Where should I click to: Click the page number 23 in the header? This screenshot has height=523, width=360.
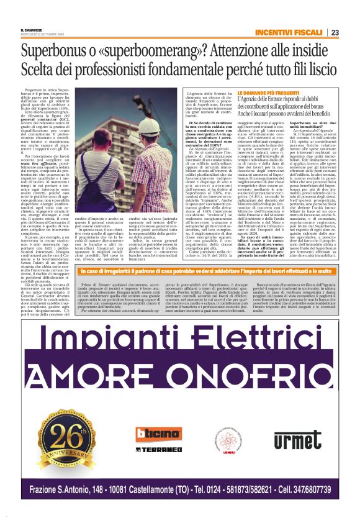[335, 32]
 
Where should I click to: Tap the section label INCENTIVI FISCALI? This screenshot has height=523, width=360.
[290, 32]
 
